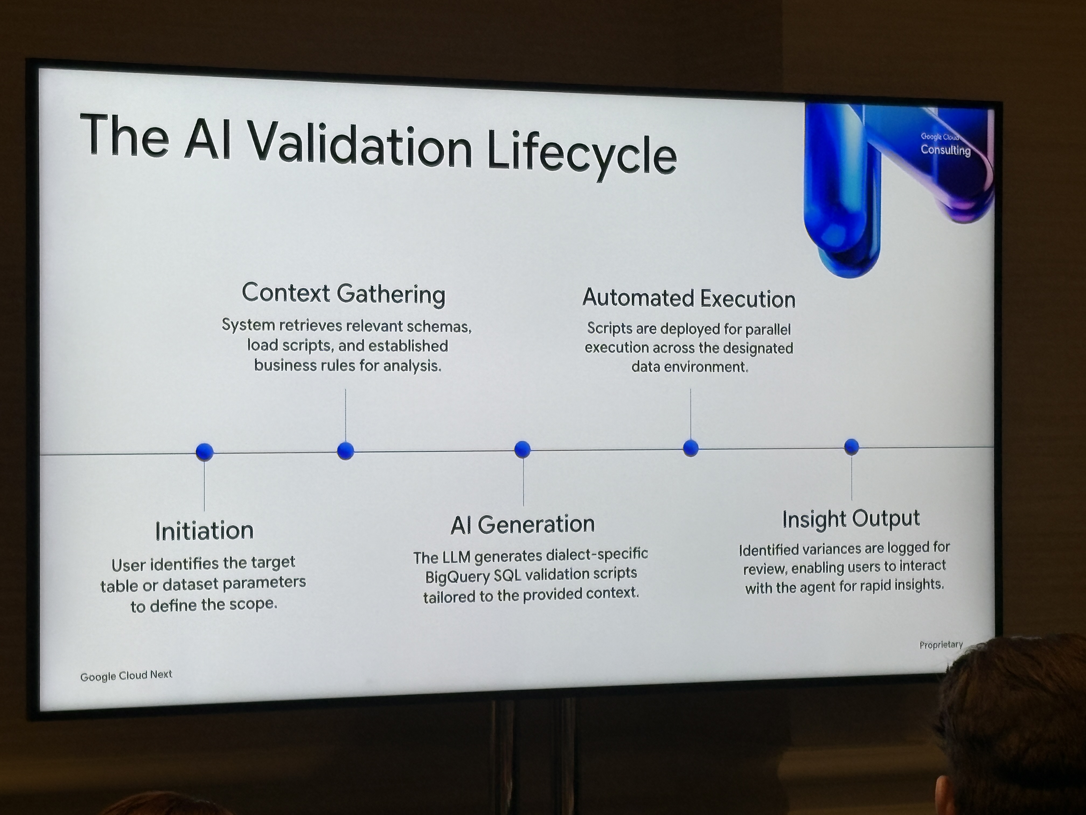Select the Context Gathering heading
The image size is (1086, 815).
(x=344, y=294)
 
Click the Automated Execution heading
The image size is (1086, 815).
(x=689, y=298)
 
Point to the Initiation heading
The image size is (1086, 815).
(x=204, y=531)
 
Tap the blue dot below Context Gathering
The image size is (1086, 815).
(x=346, y=450)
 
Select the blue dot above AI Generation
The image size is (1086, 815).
(x=522, y=449)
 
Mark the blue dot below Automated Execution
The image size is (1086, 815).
(x=691, y=448)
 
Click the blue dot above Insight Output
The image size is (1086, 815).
(x=852, y=447)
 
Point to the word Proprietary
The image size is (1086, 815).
(x=941, y=644)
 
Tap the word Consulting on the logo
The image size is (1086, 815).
(x=946, y=150)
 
